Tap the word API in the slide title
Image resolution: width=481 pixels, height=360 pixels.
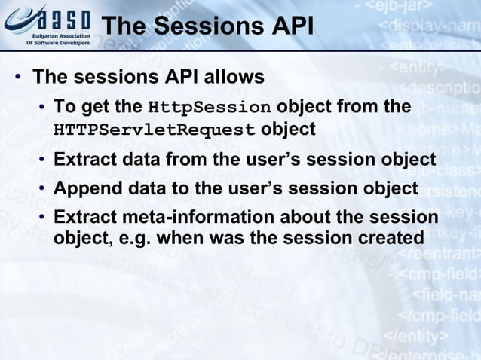[x=287, y=26]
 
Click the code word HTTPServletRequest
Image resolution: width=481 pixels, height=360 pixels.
[x=155, y=130]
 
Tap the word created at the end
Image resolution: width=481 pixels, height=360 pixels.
[x=394, y=238]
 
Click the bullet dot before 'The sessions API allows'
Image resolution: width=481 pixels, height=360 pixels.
[x=16, y=78]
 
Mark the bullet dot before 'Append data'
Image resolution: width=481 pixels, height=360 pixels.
[x=44, y=188]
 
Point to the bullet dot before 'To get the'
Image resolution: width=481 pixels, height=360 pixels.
[x=44, y=107]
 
